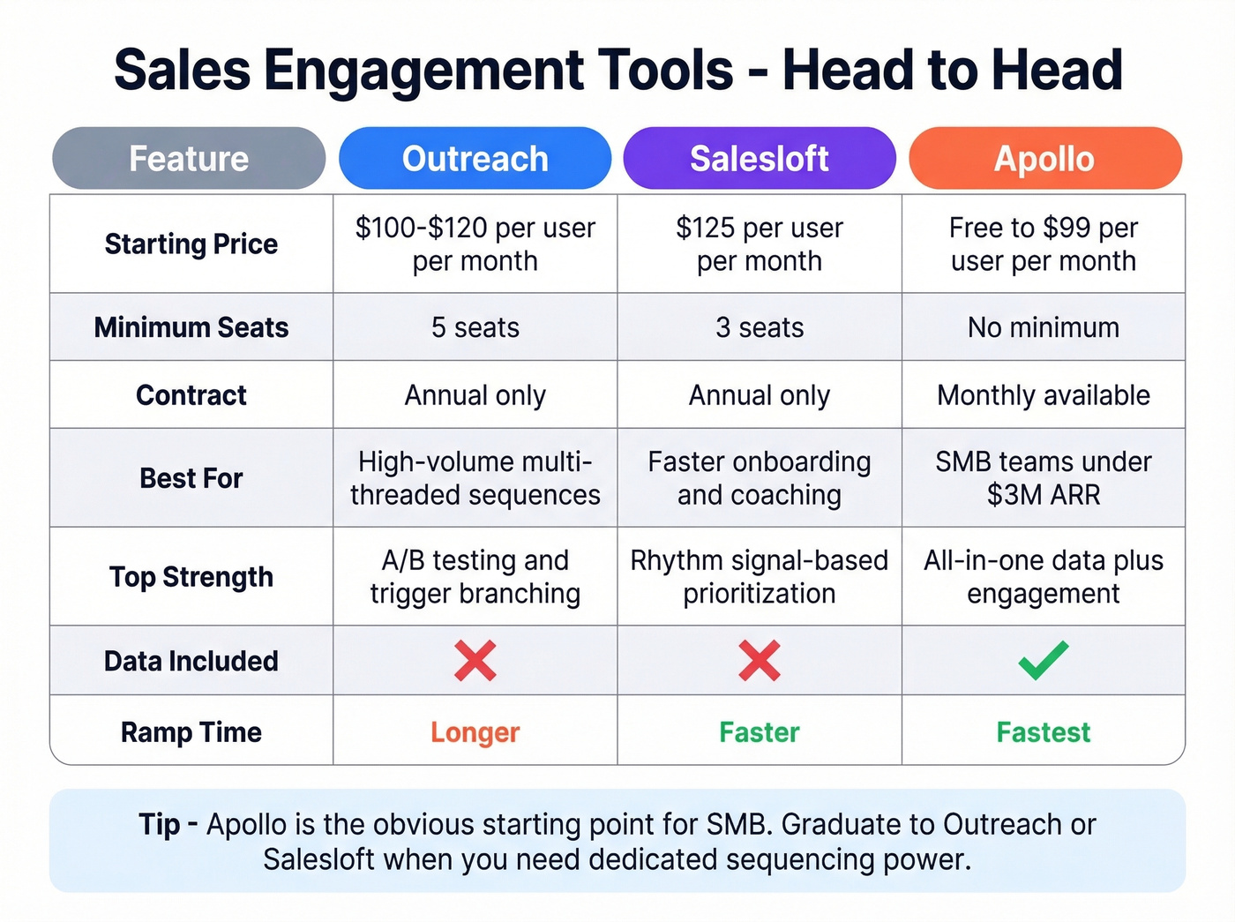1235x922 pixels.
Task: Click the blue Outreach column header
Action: [475, 159]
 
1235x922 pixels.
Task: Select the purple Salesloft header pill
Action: [760, 159]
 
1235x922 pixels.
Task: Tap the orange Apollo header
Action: [1044, 159]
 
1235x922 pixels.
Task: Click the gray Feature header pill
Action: [189, 159]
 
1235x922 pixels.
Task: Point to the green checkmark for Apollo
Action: [1044, 660]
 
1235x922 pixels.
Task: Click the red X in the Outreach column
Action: [475, 660]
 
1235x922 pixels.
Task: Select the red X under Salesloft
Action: [760, 660]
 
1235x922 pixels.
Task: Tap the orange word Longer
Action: [475, 732]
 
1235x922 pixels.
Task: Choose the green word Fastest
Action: [1044, 732]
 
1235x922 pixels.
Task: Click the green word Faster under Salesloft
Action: [760, 732]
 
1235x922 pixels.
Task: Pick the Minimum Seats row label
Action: [191, 327]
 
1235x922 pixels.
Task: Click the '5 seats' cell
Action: [475, 327]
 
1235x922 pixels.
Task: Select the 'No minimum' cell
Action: [1044, 327]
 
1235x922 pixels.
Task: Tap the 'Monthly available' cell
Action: [1044, 395]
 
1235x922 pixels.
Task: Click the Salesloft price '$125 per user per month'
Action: [760, 244]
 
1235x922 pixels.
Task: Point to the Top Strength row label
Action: [191, 577]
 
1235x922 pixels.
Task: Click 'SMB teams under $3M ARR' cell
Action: [1044, 478]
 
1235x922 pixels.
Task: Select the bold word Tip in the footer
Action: [159, 824]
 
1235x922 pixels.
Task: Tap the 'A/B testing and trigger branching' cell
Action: [475, 577]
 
